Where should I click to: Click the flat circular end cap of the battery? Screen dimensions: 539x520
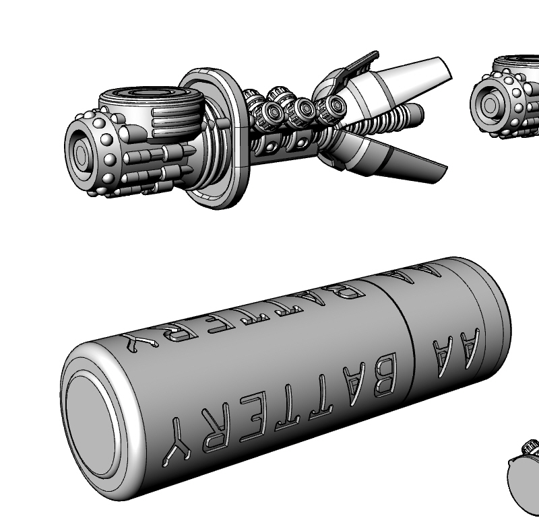pos(92,427)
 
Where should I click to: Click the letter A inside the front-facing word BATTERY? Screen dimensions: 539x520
pos(354,384)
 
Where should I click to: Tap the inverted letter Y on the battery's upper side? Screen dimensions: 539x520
pos(140,342)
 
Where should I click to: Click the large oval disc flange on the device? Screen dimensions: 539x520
pos(215,139)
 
